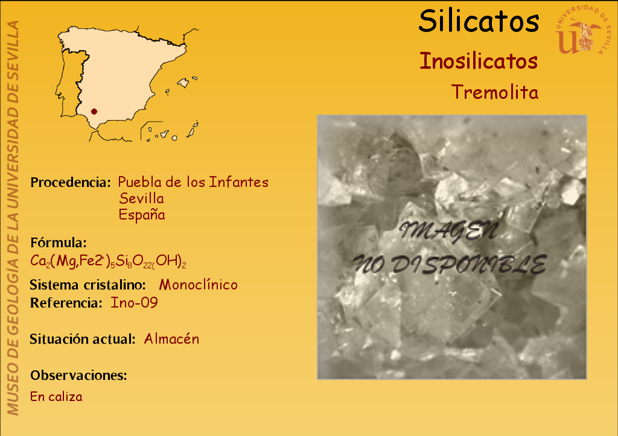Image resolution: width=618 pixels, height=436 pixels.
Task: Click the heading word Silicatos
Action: coord(479,21)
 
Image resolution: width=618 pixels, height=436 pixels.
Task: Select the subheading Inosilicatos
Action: coord(479,61)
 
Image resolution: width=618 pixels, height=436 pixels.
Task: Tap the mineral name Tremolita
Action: coord(495,92)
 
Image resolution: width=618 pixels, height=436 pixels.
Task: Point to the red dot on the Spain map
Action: coord(94,112)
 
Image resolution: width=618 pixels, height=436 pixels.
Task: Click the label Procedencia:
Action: coord(71,182)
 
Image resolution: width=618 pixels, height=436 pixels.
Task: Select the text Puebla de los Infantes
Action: coord(193,182)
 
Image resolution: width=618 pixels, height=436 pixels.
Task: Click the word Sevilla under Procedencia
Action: coord(141,198)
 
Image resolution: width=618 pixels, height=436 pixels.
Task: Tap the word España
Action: coord(142,215)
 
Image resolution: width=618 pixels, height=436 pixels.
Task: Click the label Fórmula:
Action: coord(59,242)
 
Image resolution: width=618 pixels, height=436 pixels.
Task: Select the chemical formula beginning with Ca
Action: coord(108,261)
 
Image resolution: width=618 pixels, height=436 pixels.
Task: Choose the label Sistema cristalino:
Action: coord(88,285)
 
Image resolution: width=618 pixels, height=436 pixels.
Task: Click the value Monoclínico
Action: coord(198,285)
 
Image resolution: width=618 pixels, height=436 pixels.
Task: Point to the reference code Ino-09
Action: coord(134,303)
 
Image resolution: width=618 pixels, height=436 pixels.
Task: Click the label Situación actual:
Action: coord(83,339)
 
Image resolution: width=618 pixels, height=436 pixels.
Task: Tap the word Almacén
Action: coord(171,339)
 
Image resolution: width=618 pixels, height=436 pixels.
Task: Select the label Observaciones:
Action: coord(79,375)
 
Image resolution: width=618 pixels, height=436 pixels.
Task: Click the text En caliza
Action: coord(56,396)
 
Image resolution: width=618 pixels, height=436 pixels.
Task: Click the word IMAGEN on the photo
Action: coord(448,231)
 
